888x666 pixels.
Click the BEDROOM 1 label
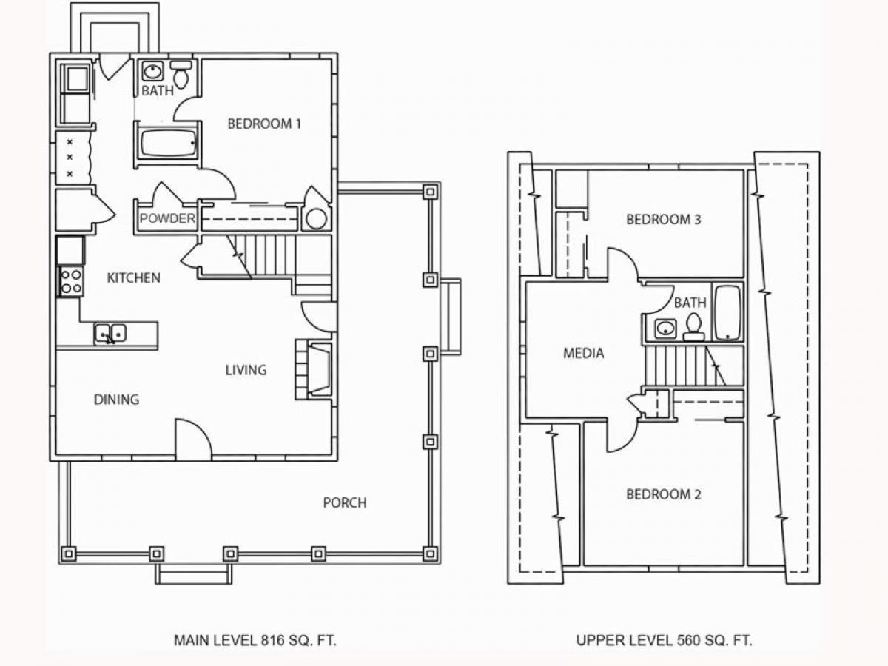coord(264,124)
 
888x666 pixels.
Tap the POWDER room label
coord(167,219)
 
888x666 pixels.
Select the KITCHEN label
coord(133,277)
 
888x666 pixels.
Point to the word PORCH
coord(345,502)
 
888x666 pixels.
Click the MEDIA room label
coord(584,354)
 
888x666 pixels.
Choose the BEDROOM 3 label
coord(664,220)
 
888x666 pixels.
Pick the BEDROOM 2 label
coord(664,494)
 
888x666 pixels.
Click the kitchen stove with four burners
coord(71,282)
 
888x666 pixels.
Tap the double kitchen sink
coord(110,334)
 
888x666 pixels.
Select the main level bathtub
coord(168,143)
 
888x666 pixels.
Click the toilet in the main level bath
coord(181,74)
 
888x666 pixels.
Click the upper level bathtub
coord(728,312)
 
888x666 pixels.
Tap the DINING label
coord(116,400)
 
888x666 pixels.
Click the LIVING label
coord(246,370)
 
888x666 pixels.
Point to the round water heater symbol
coord(317,219)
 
